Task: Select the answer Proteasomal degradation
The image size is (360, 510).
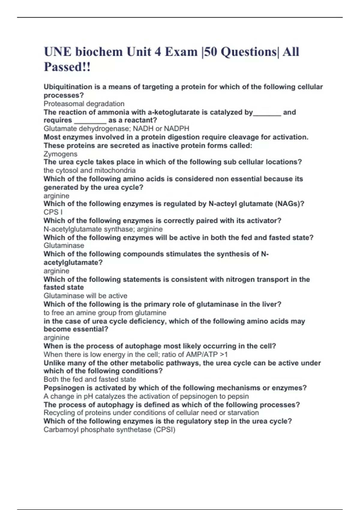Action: [84, 104]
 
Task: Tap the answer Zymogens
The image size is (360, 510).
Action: [60, 154]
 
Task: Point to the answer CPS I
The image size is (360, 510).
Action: [53, 212]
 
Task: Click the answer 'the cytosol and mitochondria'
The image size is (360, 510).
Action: [89, 170]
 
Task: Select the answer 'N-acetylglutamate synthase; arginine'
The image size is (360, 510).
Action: [103, 229]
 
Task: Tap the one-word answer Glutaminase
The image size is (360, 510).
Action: [64, 245]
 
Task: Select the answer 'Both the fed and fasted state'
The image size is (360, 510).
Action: [90, 379]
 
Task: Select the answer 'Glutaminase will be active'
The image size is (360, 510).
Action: [85, 296]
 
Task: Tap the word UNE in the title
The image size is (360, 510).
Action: [58, 52]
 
